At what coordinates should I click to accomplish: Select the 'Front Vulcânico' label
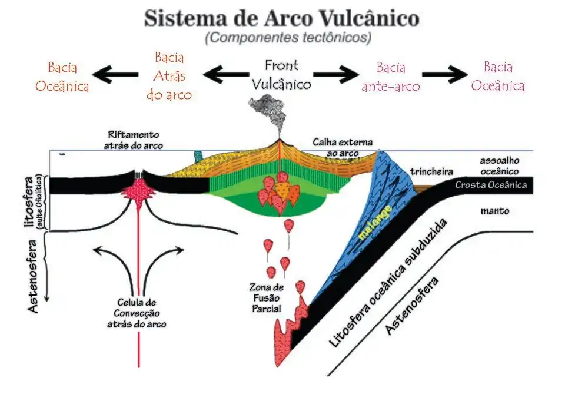(281, 75)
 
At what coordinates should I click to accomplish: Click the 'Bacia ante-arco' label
(391, 77)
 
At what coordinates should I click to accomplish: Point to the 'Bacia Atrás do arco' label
(169, 76)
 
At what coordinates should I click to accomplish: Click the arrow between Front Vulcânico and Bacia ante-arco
(336, 75)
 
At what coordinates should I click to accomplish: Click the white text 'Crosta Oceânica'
(490, 186)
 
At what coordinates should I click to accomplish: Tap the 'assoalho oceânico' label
(498, 165)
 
